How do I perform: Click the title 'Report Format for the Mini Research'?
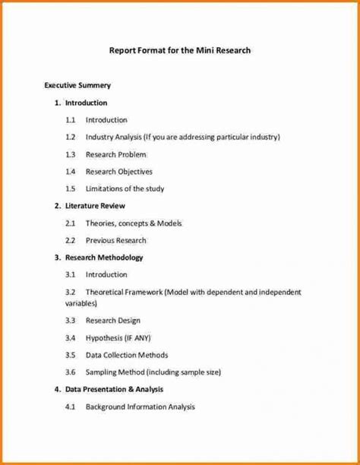coord(180,51)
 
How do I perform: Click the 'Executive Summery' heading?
coord(77,86)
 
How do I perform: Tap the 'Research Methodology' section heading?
coord(104,258)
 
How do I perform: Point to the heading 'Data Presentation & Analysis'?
coord(114,390)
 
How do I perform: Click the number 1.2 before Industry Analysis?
coord(71,138)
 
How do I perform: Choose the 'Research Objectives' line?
coord(118,172)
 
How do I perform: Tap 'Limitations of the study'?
coord(125,189)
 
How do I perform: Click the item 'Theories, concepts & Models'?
coord(134,223)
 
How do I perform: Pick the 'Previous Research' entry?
coord(115,241)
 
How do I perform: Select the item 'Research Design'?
coord(113,321)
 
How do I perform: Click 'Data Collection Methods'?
coord(127,355)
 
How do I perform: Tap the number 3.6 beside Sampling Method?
coord(71,372)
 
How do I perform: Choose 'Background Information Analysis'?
coord(140,407)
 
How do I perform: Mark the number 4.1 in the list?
coord(71,407)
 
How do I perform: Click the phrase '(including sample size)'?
coord(183,372)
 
